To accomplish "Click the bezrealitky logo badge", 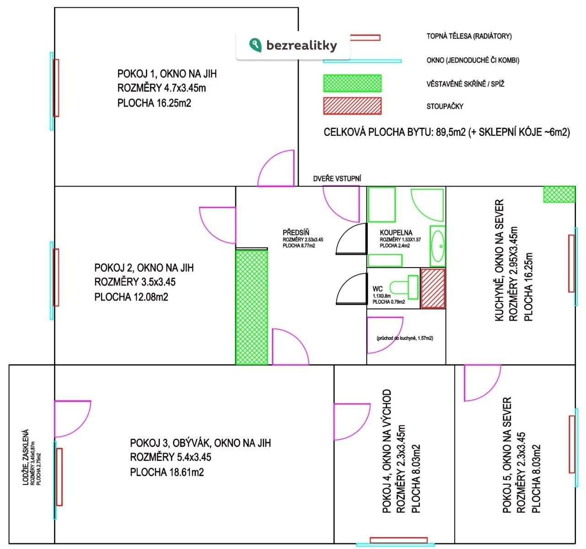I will click(293, 45).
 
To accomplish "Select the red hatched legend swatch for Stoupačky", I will click(352, 106).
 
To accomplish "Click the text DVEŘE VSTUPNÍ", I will click(337, 179).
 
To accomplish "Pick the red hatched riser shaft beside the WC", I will click(433, 288).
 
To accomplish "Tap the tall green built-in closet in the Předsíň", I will click(251, 307).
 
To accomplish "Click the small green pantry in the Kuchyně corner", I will click(559, 194).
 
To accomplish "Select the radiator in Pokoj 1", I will click(56, 88).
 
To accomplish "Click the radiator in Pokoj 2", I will click(56, 277).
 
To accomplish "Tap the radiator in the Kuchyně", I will click(571, 263).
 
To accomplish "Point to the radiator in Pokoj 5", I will click(571, 444).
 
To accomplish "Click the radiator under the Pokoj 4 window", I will click(398, 540).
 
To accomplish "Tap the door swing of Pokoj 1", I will click(277, 169).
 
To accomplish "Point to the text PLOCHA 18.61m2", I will click(167, 472).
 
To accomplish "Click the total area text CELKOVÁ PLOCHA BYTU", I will click(394, 132).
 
